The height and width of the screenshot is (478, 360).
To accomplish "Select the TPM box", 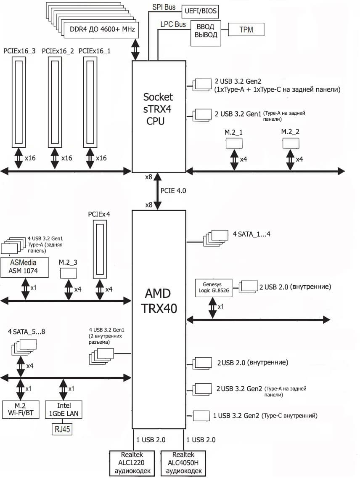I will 246,29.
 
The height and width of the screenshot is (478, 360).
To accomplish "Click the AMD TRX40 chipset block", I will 159,300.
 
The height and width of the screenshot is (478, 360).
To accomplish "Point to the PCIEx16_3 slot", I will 19,101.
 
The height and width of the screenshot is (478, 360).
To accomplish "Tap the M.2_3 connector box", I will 68,272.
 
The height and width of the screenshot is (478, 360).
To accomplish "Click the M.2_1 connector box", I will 234,143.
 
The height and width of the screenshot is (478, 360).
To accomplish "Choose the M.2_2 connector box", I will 291,143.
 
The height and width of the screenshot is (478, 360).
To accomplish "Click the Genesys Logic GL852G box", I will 214,287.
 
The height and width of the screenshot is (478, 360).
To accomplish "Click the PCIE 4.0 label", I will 173,191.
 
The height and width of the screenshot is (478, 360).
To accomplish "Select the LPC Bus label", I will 173,24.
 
